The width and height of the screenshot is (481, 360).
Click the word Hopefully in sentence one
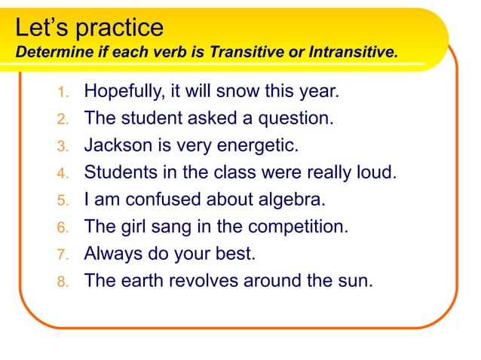pos(121,93)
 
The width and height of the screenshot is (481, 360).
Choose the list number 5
pos(63,201)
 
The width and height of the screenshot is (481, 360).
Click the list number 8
pos(63,282)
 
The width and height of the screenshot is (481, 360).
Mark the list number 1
pos(63,93)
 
